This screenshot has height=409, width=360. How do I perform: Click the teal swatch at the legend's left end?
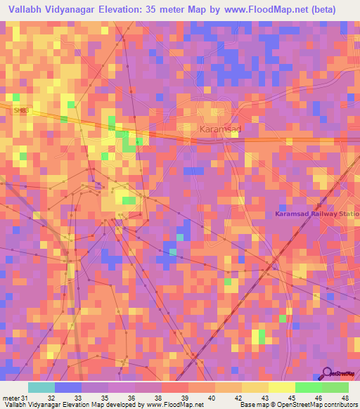41,387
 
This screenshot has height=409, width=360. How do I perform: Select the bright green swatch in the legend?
309,387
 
